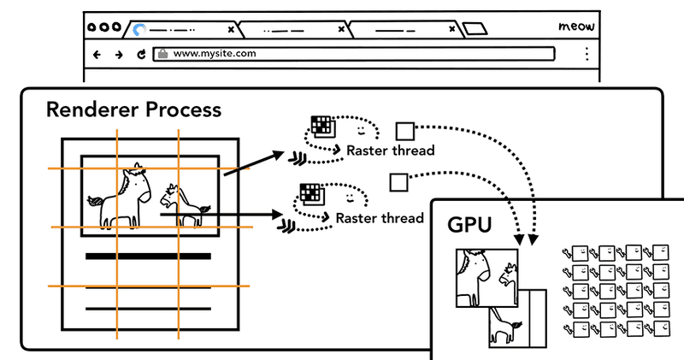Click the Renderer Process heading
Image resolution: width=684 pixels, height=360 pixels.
click(x=133, y=109)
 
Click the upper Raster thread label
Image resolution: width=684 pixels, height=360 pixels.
click(x=390, y=150)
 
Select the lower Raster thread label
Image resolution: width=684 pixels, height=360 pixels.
click(x=379, y=218)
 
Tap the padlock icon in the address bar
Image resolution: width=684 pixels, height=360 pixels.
click(x=162, y=53)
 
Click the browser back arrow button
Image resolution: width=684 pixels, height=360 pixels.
click(x=97, y=54)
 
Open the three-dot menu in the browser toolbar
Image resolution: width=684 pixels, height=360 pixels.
click(x=587, y=54)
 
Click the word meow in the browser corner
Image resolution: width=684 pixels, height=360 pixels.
click(x=575, y=27)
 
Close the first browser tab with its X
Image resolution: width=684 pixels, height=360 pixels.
click(x=227, y=29)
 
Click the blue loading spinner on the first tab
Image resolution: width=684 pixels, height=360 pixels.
click(x=139, y=29)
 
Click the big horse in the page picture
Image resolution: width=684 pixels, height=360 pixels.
click(x=122, y=198)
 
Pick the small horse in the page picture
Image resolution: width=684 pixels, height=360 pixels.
click(x=184, y=206)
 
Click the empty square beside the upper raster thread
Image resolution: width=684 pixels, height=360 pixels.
click(x=404, y=131)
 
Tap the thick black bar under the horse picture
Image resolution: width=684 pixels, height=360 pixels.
click(x=147, y=256)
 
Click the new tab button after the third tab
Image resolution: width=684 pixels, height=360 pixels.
click(x=475, y=29)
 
